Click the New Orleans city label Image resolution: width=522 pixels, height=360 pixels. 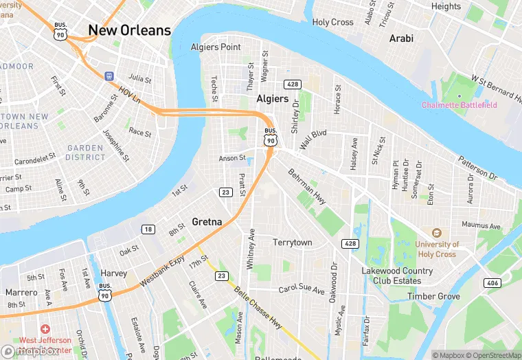tap(129, 30)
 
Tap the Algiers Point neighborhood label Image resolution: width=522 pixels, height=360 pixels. tap(216, 47)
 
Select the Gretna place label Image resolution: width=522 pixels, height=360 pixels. tap(207, 222)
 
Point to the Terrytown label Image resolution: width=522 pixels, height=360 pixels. tap(292, 243)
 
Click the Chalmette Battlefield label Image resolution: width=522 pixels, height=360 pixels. tap(459, 105)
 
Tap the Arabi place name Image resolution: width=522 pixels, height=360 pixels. tap(401, 38)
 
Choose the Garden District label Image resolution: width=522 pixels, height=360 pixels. tap(85, 153)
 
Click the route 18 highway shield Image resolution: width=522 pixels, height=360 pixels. tap(149, 229)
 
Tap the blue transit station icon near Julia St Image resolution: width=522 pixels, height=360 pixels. tap(109, 75)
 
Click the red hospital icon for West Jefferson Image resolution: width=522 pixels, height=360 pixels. tap(45, 330)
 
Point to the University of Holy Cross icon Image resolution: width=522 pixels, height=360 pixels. tap(436, 234)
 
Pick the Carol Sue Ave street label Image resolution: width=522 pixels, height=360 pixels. tap(302, 290)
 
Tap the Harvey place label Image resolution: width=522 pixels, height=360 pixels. tap(113, 273)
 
